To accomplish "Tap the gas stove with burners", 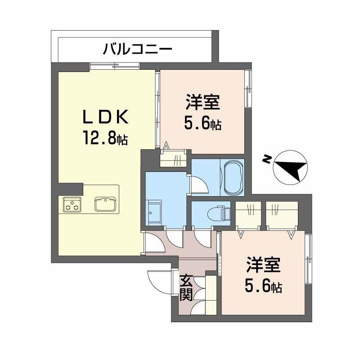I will click(72, 205).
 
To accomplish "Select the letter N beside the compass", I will click(267, 159).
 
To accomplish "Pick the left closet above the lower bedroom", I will click(248, 215).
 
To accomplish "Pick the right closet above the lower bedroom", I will click(282, 215).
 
